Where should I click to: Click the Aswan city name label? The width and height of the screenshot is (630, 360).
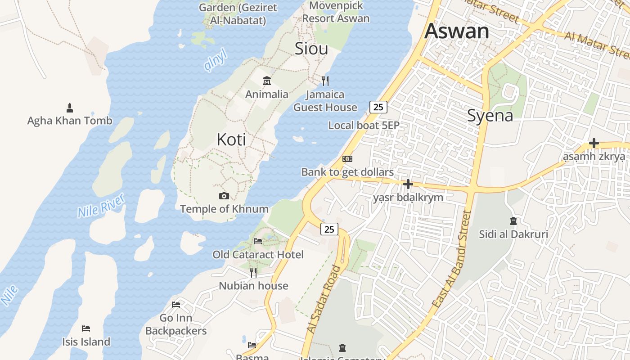point(456,31)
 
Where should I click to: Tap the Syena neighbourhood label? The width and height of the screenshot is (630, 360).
point(490,116)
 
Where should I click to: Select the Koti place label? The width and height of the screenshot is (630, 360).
point(231,139)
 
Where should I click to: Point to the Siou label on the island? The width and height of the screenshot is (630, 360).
point(311,49)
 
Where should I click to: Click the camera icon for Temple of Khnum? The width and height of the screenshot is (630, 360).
point(224,196)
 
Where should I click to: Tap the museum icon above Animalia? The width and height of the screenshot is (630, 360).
point(267,81)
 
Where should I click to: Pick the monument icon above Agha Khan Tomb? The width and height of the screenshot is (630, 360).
point(70,108)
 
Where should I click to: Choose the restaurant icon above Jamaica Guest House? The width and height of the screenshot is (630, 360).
point(325,81)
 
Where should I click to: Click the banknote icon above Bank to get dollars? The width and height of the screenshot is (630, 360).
point(347,159)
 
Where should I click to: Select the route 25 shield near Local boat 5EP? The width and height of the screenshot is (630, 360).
point(378,107)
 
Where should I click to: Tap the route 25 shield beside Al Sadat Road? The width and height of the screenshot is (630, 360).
point(329,229)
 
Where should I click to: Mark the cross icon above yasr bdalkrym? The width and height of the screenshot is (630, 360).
point(408,184)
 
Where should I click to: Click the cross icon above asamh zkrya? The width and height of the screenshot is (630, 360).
point(594,144)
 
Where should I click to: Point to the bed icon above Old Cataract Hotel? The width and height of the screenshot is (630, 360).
point(258,241)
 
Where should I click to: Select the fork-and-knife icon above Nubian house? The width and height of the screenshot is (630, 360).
point(253,272)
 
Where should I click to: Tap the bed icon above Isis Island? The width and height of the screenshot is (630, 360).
point(86,328)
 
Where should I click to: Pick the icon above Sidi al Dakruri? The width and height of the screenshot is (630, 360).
point(513,221)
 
